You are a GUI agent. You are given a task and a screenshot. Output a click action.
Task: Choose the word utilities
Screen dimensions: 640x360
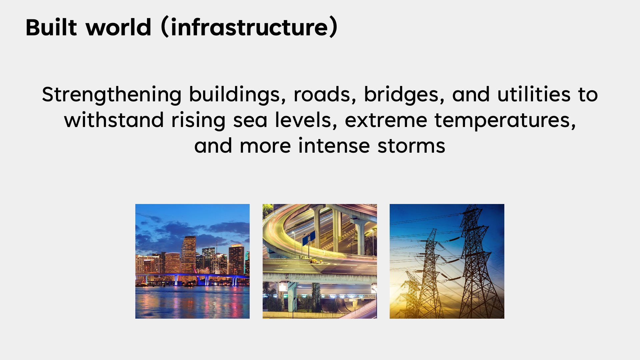[x=534, y=94]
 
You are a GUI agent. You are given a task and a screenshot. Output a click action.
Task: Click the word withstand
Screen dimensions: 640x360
[x=114, y=120]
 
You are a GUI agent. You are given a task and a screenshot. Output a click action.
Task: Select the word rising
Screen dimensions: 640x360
[x=198, y=121]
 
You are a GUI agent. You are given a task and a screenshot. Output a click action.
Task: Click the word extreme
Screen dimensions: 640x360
[x=386, y=121]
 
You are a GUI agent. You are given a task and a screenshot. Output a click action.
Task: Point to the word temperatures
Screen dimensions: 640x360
[x=505, y=121]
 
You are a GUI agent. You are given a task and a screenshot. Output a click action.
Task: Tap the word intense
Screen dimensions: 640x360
[x=334, y=146]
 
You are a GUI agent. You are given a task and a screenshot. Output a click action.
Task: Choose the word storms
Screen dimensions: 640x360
[x=411, y=146]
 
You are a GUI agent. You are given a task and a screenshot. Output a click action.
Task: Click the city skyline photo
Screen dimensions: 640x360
[x=192, y=261]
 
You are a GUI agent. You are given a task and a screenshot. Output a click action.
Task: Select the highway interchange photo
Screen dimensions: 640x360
[x=320, y=261]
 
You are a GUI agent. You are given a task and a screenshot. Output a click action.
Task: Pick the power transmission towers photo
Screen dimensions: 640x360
[x=447, y=261]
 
